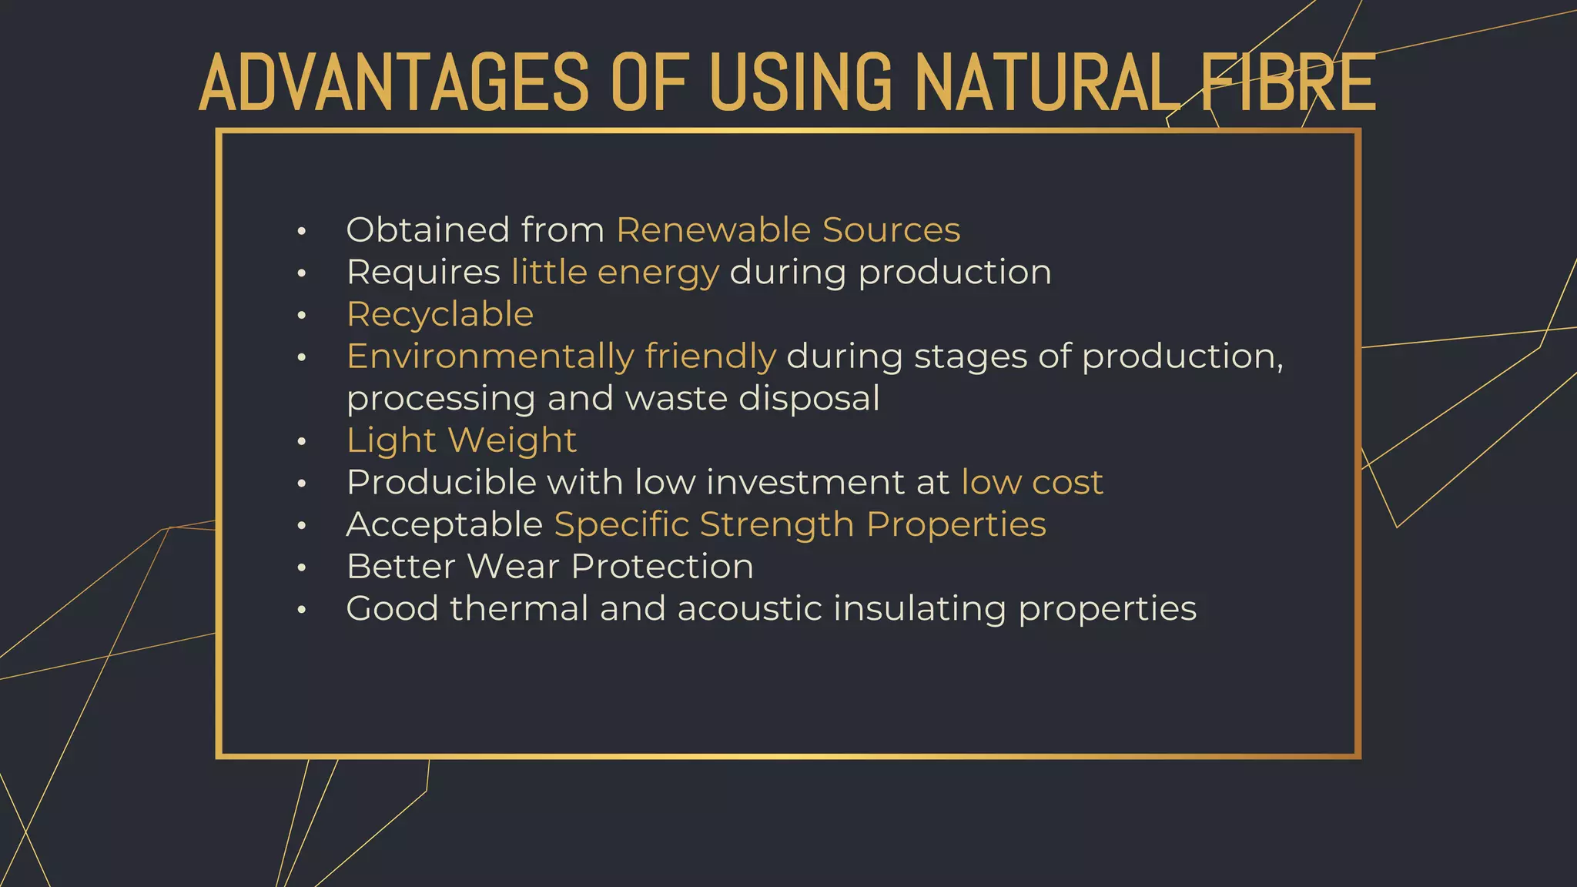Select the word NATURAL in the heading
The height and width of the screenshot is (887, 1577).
tap(1047, 82)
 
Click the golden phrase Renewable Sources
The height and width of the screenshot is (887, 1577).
tap(788, 230)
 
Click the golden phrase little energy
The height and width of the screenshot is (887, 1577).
tap(614, 273)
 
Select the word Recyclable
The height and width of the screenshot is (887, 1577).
tap(440, 314)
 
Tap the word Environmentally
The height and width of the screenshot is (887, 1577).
tap(491, 356)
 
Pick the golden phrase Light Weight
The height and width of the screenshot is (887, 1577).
tap(461, 440)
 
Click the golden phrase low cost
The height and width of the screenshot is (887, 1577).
tap(1032, 483)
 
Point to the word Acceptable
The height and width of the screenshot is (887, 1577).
tap(444, 525)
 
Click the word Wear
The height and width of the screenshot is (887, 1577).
tap(513, 567)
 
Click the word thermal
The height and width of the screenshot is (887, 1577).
tap(519, 609)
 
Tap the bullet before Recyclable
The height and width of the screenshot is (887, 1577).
tap(302, 315)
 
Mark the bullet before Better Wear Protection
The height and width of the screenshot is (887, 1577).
tap(302, 568)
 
